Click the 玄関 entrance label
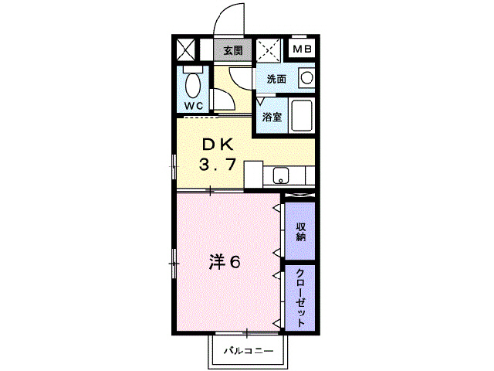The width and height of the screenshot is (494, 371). pyautogui.click(x=232, y=51)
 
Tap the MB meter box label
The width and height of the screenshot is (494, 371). pyautogui.click(x=302, y=51)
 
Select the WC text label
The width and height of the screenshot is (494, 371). pyautogui.click(x=193, y=105)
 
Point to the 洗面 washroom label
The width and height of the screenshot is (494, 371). pyautogui.click(x=276, y=79)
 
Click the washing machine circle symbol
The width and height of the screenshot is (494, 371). pyautogui.click(x=306, y=78)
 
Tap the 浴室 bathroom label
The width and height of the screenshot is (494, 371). pyautogui.click(x=271, y=117)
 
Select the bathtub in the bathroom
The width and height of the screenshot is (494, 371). pyautogui.click(x=302, y=117)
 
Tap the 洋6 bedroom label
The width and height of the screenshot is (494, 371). pyautogui.click(x=224, y=263)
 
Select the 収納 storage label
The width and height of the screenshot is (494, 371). pyautogui.click(x=300, y=230)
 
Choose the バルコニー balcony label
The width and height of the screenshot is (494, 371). pyautogui.click(x=248, y=352)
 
